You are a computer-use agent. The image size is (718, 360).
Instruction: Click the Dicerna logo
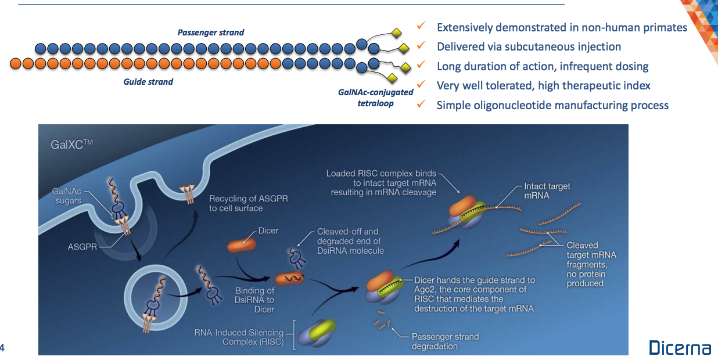(679, 348)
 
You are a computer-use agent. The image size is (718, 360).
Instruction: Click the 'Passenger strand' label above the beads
(211, 33)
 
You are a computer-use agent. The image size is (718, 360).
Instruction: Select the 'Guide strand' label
(148, 82)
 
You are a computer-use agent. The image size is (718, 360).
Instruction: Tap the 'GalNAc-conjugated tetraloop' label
(375, 98)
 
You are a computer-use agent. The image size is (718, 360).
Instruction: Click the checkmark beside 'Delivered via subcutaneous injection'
(422, 45)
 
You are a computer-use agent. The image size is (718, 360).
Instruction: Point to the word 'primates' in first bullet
(664, 27)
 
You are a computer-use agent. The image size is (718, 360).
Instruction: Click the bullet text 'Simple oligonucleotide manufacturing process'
(552, 105)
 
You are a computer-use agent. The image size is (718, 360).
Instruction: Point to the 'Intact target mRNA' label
(547, 191)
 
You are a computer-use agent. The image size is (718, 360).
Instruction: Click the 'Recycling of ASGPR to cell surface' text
(248, 203)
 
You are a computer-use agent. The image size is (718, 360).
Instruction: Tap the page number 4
(3, 348)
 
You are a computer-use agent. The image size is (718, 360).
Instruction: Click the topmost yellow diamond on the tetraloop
(397, 32)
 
